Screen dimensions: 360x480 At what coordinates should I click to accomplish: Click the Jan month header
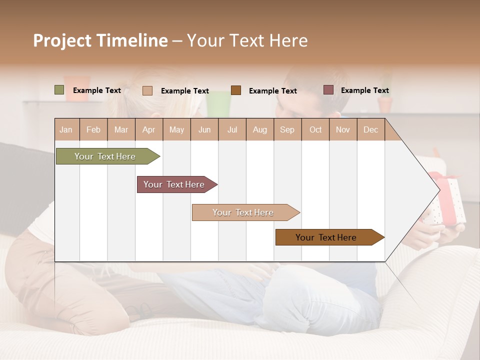pos(66,129)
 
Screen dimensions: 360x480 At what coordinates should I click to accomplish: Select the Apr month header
pos(149,129)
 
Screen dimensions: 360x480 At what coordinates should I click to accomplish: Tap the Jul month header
pos(232,129)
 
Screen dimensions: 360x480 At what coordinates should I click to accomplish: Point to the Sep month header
pos(287,129)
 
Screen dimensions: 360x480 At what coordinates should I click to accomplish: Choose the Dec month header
pos(370,129)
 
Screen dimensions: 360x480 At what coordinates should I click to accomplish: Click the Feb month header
pos(93,129)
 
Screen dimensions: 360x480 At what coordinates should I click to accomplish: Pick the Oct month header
pos(315,129)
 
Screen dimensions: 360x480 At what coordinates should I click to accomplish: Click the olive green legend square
pos(59,90)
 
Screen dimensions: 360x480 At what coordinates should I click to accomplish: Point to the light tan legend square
pos(147,90)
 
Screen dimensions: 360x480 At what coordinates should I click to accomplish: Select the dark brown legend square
pos(236,90)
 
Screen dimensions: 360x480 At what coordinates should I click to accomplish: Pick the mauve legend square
pos(328,90)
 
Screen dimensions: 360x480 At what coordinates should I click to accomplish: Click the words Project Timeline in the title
pos(100,40)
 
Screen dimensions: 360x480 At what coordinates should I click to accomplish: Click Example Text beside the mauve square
pos(364,90)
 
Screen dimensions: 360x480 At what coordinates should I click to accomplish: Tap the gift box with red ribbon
pos(447,200)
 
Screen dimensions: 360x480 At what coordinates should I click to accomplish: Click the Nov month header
pos(343,129)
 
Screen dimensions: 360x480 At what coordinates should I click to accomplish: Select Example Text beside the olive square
pos(97,90)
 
